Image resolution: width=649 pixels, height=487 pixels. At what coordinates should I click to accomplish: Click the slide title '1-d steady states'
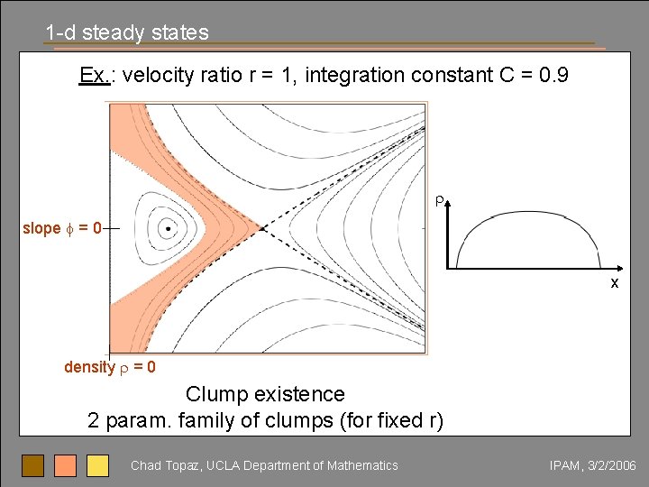pyautogui.click(x=127, y=33)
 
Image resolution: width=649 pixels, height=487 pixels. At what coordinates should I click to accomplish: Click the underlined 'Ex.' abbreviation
pyautogui.click(x=94, y=75)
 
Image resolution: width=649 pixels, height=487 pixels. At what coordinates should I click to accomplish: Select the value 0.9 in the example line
pyautogui.click(x=552, y=75)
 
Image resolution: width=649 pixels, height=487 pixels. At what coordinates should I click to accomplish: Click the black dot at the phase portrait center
pyautogui.click(x=169, y=228)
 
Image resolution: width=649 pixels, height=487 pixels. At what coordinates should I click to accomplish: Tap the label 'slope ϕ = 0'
pyautogui.click(x=62, y=228)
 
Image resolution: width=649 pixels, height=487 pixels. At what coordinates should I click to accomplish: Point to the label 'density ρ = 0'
pyautogui.click(x=109, y=367)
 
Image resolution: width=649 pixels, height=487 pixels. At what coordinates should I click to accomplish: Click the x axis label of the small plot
pyautogui.click(x=615, y=282)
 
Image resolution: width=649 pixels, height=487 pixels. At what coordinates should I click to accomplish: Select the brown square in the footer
pyautogui.click(x=33, y=465)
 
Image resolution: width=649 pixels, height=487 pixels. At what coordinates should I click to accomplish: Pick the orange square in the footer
pyautogui.click(x=65, y=465)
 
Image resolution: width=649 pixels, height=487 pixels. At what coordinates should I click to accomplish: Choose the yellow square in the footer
pyautogui.click(x=97, y=465)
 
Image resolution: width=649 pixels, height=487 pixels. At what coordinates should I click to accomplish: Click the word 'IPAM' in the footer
pyautogui.click(x=565, y=465)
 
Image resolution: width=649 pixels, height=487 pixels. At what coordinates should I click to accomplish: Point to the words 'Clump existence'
pyautogui.click(x=265, y=394)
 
